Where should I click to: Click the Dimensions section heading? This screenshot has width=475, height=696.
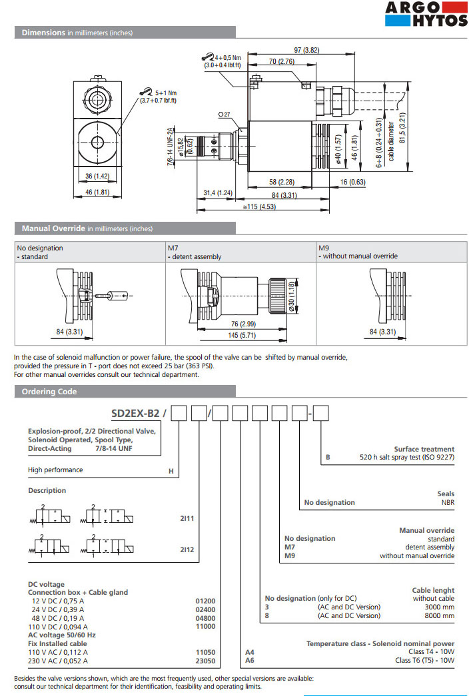pos(43,32)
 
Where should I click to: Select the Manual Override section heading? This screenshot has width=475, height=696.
pos(53,228)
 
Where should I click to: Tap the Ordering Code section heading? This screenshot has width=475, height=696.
pos(49,392)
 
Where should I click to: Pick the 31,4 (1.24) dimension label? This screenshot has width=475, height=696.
pos(217,193)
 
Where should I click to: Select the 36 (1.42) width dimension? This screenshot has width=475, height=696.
pos(97,176)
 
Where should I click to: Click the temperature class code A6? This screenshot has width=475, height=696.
pos(250,661)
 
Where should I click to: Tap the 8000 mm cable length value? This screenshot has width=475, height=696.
pos(439,616)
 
